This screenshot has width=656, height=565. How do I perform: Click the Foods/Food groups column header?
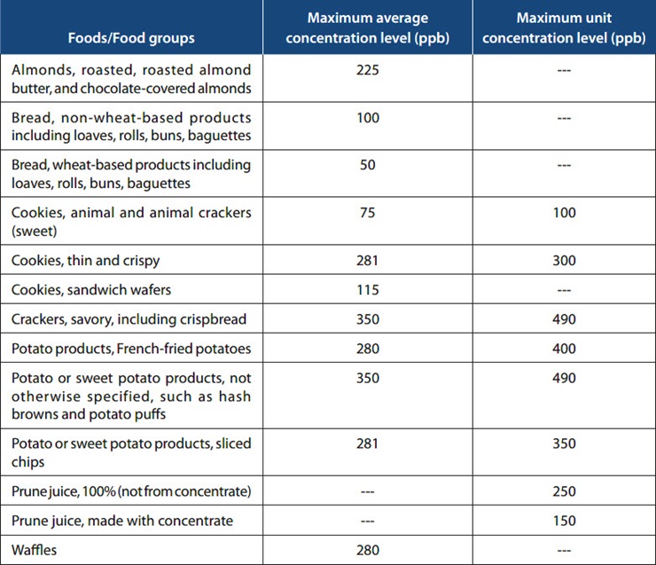point(130,38)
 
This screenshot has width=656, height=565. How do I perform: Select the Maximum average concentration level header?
point(367,28)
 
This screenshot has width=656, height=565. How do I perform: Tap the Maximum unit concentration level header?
point(563,28)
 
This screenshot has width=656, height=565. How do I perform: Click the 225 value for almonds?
point(367,70)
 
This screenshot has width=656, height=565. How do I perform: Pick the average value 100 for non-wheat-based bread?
point(367,118)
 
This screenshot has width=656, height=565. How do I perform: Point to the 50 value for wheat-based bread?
point(367,165)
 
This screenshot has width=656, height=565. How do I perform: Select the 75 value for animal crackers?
point(367,213)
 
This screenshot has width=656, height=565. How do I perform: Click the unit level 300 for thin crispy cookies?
point(563,261)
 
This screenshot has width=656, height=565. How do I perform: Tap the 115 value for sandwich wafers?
point(367,290)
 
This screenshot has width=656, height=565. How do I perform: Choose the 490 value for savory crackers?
point(563,319)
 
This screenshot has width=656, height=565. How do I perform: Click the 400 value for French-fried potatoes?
point(563,349)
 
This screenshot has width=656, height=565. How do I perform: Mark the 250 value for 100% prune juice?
point(563,491)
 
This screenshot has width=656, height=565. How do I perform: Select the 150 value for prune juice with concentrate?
point(563,521)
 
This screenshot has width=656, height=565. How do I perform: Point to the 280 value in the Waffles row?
point(367,550)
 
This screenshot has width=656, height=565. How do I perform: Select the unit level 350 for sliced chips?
point(563,443)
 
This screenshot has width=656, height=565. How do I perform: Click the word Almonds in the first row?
point(41,70)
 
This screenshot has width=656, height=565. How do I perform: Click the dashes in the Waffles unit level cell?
point(563,550)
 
